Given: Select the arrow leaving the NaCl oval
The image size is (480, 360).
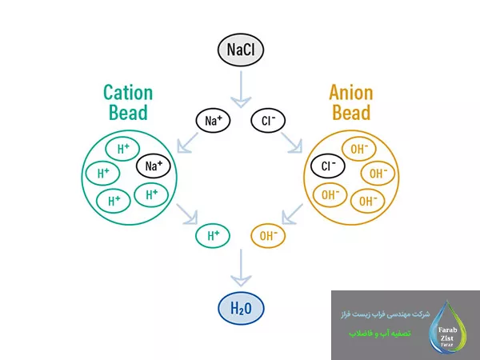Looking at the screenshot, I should [x=240, y=90].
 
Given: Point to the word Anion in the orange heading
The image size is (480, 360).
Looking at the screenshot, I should [x=350, y=93].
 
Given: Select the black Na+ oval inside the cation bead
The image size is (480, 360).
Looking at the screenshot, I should [x=154, y=166].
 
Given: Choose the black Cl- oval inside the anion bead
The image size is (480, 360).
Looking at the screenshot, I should [x=329, y=166].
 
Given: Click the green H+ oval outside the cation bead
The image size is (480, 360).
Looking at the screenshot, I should [x=214, y=235].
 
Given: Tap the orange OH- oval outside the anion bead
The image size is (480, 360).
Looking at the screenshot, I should [x=267, y=235].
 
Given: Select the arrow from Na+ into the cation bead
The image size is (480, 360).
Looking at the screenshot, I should [x=189, y=142].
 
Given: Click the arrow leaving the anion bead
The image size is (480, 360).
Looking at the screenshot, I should [x=292, y=214].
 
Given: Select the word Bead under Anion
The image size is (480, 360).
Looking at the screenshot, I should [x=350, y=112].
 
